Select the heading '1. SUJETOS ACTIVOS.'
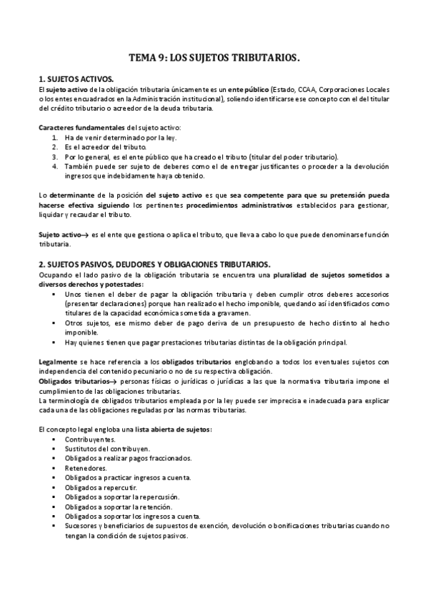[75, 79]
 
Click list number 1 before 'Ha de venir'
[55, 136]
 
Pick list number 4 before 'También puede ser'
[55, 166]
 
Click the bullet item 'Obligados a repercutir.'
[99, 487]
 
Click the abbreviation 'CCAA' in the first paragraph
[305, 89]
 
